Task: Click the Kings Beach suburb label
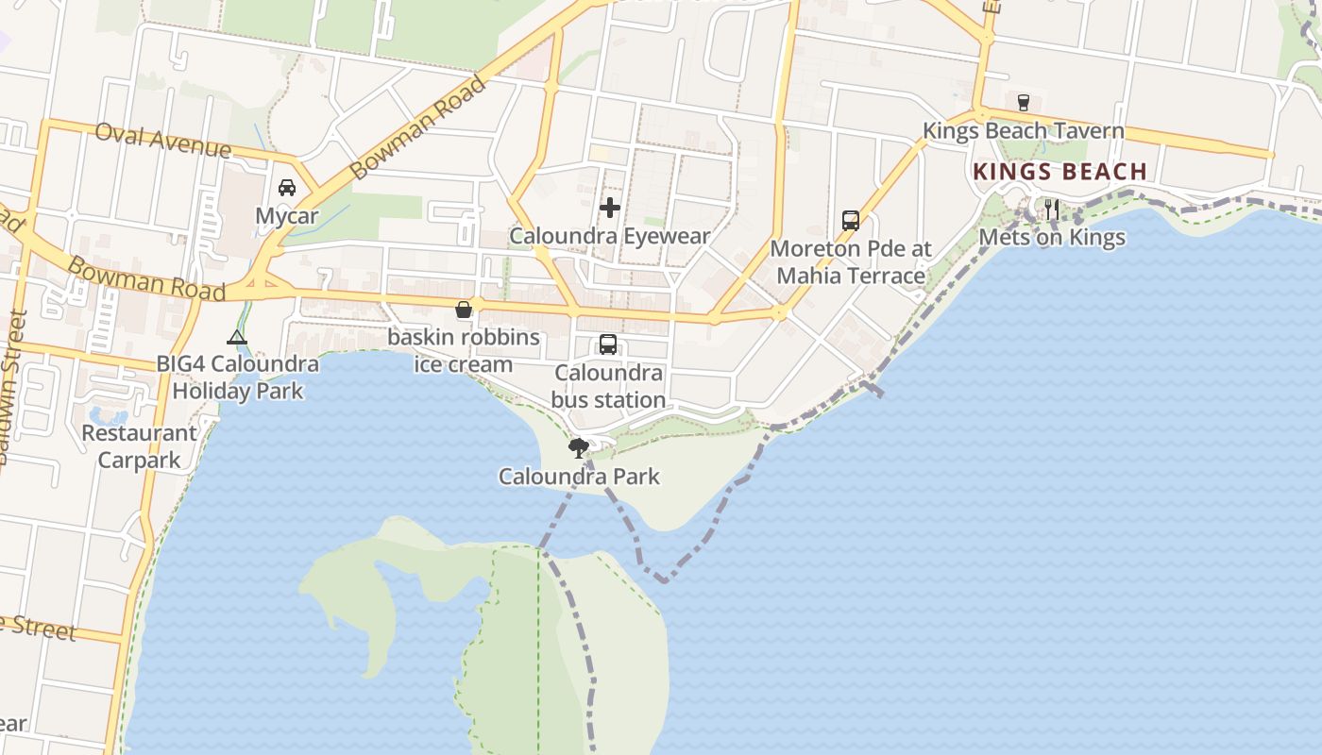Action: coord(1059,172)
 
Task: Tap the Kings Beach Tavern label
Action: coord(1023,131)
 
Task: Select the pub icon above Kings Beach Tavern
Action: coord(1023,102)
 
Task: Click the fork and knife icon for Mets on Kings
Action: coord(1052,209)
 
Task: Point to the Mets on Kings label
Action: coord(1052,237)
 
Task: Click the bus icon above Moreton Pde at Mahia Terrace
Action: coord(851,221)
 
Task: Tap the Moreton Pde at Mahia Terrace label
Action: coord(851,262)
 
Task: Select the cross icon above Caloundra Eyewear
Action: coord(610,207)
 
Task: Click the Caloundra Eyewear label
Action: coord(610,236)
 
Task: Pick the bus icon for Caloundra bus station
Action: coord(608,344)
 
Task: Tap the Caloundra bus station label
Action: coord(608,386)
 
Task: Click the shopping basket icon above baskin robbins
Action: coord(464,310)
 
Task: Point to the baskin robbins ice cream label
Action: coord(464,350)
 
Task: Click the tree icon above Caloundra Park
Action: coord(579,447)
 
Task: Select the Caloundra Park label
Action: coord(579,477)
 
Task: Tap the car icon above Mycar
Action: coord(287,187)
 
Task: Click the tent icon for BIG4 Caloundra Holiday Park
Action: coord(237,337)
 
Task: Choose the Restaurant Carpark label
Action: coord(140,446)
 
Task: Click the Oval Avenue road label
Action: coord(162,141)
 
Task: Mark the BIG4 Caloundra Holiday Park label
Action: coord(237,377)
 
